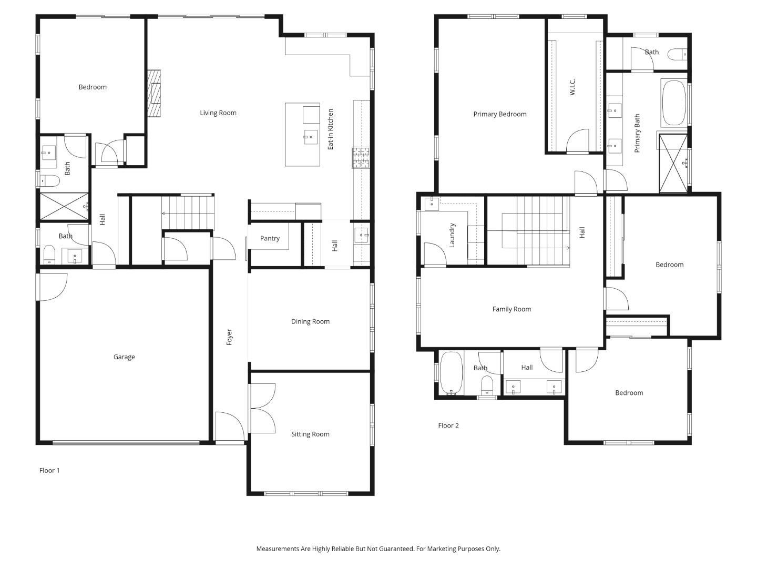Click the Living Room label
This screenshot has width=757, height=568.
click(x=218, y=113)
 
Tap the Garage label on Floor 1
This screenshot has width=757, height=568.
click(x=124, y=357)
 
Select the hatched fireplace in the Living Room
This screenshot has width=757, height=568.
click(x=154, y=93)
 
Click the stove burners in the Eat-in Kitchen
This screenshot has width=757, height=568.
click(x=361, y=158)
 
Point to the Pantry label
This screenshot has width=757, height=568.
click(x=270, y=238)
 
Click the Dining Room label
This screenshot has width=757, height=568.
click(x=310, y=321)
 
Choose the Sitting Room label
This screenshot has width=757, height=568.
click(x=310, y=434)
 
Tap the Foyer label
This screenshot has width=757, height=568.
click(x=229, y=337)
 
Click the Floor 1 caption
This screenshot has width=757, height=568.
click(x=49, y=470)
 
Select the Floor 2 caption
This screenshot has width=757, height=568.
click(x=448, y=425)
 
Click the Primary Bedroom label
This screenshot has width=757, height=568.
click(x=499, y=114)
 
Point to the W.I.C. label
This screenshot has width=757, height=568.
click(x=572, y=87)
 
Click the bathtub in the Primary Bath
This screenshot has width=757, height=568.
click(x=674, y=103)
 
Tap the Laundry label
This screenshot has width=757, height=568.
click(x=452, y=235)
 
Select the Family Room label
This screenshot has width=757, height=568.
click(x=512, y=309)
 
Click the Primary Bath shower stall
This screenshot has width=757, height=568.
click(x=673, y=163)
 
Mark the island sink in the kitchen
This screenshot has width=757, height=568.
click(x=311, y=137)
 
